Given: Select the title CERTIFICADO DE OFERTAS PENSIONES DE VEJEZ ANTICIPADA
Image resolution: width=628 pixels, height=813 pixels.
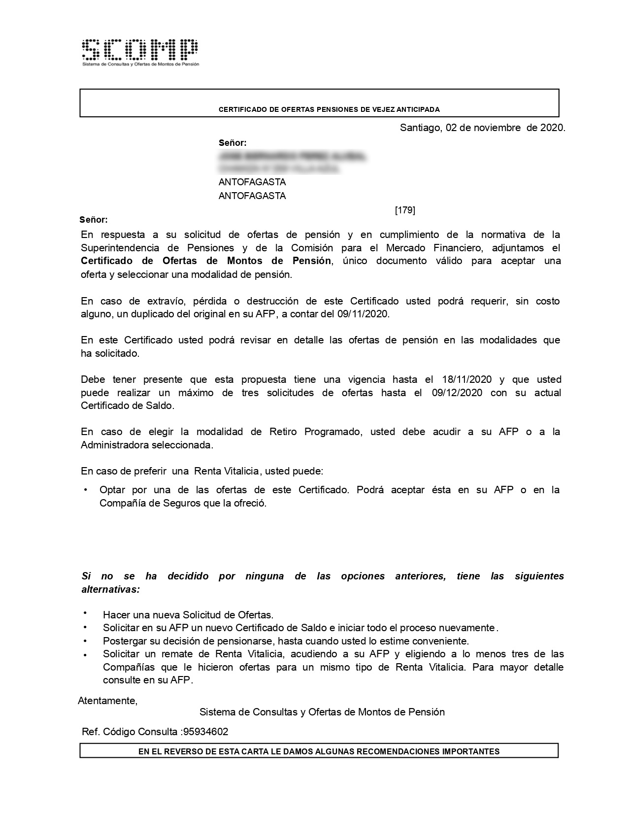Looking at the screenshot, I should point(329,109).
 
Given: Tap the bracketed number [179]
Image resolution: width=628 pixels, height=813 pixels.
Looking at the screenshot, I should point(405,210).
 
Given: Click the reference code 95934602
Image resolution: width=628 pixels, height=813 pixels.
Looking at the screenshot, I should point(205,732).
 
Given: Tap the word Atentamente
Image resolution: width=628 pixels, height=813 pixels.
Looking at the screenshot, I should point(107,701).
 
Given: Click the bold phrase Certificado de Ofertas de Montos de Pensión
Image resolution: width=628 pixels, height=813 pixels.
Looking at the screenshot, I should point(206,261).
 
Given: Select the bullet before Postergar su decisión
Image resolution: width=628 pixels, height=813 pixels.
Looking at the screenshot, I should point(85,641).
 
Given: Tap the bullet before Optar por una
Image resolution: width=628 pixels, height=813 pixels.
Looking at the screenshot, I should point(86,490).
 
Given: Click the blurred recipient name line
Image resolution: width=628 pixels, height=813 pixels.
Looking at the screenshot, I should point(293,157).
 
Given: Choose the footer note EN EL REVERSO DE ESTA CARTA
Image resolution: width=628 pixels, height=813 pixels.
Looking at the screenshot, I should point(319,751).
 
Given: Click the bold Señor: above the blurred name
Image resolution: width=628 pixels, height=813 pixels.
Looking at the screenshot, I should point(232,143).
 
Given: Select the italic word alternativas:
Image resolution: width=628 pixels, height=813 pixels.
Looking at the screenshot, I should point(110,589).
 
